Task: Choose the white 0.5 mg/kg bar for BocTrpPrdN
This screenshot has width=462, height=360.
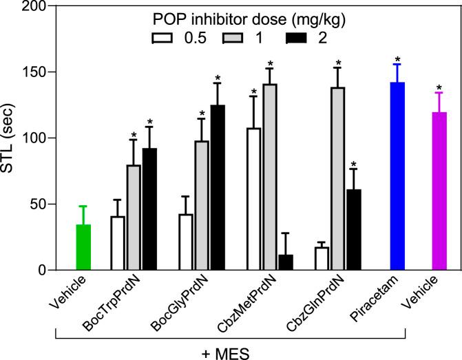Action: (x=117, y=244)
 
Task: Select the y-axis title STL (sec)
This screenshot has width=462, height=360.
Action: (x=10, y=138)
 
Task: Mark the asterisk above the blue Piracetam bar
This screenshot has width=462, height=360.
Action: (x=397, y=60)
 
